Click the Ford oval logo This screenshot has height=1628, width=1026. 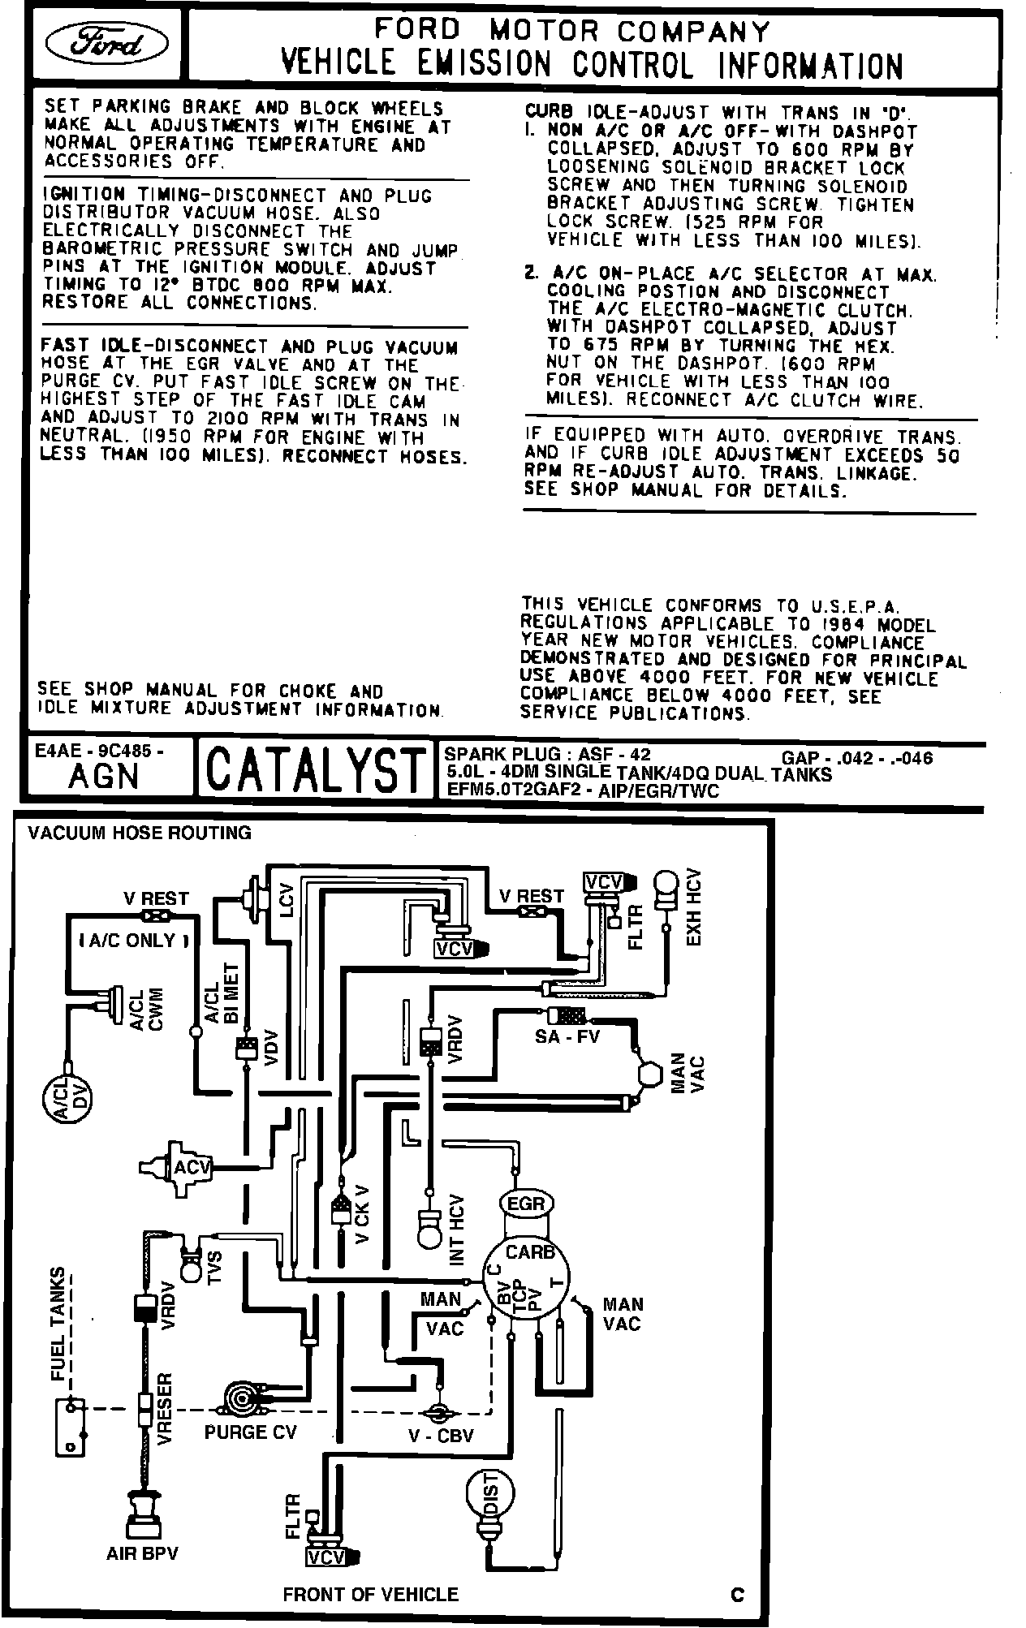(108, 44)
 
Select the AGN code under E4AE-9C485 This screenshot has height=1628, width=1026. (104, 777)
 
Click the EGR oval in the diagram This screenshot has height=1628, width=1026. (526, 1203)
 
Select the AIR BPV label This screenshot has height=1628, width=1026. (142, 1553)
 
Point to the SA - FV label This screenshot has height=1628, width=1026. (567, 1036)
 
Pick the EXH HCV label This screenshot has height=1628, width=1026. (694, 907)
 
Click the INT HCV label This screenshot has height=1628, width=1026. (457, 1230)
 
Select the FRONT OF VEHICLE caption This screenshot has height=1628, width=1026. (370, 1595)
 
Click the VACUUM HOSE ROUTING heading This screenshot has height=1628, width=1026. (140, 833)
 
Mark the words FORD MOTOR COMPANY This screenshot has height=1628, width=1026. (571, 31)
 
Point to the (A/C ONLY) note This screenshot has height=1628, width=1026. (134, 941)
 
